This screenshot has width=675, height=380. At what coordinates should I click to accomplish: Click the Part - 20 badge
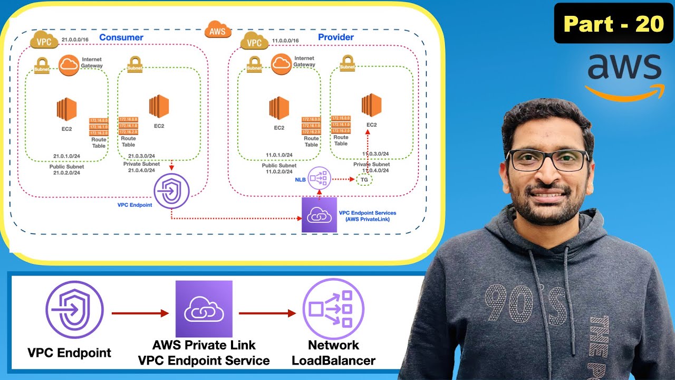click(613, 24)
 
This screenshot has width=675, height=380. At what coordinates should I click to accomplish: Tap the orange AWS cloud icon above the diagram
click(217, 30)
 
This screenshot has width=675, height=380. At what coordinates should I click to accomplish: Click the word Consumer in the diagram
click(121, 37)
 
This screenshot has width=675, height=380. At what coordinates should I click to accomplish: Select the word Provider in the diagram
click(336, 37)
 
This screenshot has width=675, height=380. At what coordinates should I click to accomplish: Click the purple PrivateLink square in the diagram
click(319, 214)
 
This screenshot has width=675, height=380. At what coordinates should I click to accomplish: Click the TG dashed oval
click(364, 179)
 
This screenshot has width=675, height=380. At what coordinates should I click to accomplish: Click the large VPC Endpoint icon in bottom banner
click(74, 310)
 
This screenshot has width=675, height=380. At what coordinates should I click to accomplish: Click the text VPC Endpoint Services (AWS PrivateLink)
click(367, 216)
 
